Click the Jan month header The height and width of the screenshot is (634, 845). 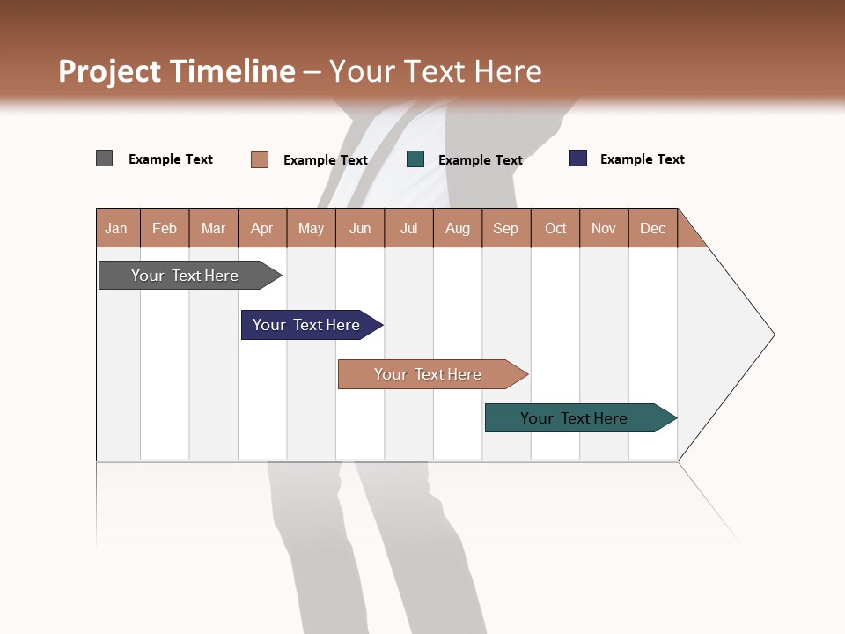coord(117,228)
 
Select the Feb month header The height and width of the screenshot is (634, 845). coord(165,228)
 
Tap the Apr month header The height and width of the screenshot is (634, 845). coord(262,228)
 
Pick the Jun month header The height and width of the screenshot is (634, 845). coord(360,228)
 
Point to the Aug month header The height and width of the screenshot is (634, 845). coord(458,228)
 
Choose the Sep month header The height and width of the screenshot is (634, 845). coord(506,228)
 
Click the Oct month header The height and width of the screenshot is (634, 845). coord(555,228)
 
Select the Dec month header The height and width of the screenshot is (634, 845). coord(653,228)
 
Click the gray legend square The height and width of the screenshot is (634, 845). coord(105,158)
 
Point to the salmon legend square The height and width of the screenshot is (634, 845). coord(260,159)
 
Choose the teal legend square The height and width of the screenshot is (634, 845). coord(415,159)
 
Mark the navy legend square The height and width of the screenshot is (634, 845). coord(578,158)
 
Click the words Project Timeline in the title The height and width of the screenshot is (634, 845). coord(177,71)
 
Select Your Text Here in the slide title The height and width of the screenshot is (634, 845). coord(436,71)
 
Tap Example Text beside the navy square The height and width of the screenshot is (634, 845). coord(642,159)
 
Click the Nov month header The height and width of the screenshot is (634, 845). coord(604,228)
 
